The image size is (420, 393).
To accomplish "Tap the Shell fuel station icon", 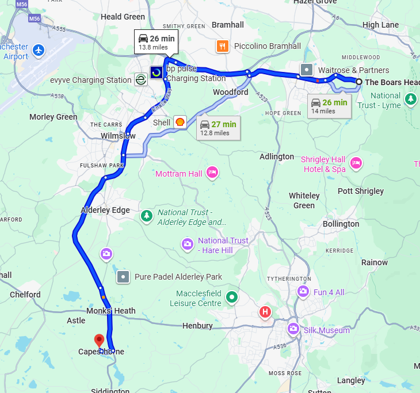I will [180, 122].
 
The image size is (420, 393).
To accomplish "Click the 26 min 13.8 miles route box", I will [156, 42].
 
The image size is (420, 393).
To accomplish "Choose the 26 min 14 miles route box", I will [328, 106].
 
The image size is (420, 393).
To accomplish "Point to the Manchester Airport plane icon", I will [39, 50].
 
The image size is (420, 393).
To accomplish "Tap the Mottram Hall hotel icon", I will [212, 173].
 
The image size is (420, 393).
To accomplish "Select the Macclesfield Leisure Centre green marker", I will [231, 297].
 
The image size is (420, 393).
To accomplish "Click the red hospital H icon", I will [265, 312].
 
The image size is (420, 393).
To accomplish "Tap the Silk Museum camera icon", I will [293, 329].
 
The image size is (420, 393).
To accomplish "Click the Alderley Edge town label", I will [105, 210].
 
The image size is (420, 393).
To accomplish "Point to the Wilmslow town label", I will [118, 136].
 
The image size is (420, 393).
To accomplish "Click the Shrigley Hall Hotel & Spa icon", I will [356, 163].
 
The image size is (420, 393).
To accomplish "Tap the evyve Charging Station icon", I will [140, 80].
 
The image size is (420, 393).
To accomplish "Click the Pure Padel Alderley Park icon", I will [123, 277].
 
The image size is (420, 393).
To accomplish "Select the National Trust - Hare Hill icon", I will [187, 245].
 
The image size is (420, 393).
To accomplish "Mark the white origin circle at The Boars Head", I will [358, 82].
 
